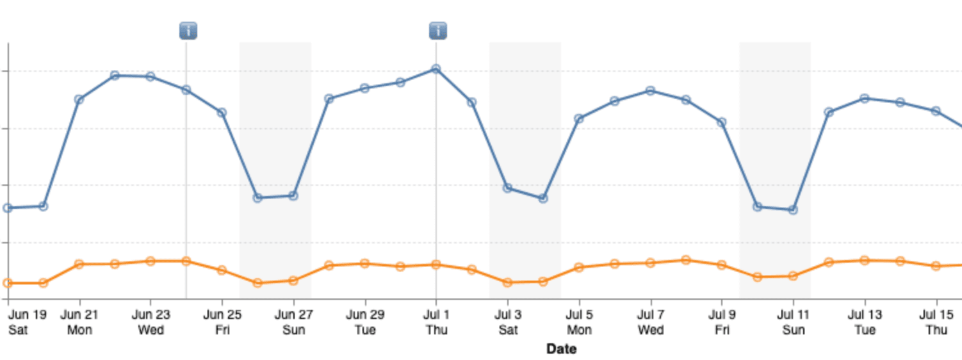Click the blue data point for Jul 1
436,69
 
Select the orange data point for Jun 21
79,264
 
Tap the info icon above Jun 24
188,30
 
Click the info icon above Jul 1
438,30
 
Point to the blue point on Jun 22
115,76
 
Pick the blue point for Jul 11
793,209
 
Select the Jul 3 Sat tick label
508,323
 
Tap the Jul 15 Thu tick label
936,323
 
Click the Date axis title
561,349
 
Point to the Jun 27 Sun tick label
294,323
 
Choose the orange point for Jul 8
686,260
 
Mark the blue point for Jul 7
650,91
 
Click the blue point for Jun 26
257,198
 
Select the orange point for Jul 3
508,282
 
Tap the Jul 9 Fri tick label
722,323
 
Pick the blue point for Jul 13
865,99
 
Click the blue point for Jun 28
329,99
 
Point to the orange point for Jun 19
8,282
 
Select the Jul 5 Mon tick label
579,323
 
